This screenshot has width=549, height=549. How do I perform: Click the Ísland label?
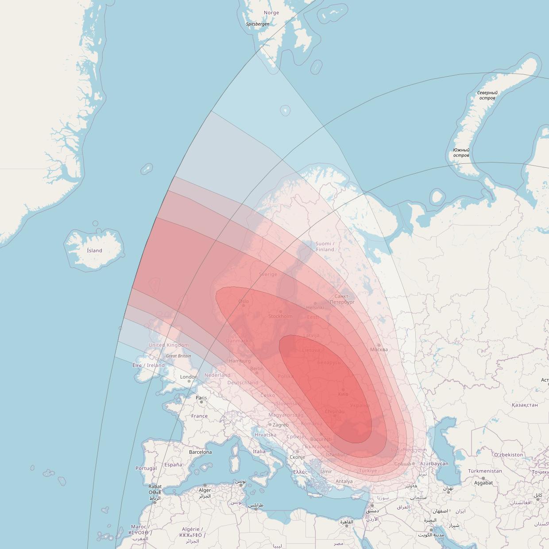[94, 251]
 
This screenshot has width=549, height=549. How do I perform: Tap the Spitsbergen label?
[258, 24]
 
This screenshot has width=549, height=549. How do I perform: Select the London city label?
[189, 377]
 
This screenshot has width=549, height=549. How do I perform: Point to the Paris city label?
[201, 398]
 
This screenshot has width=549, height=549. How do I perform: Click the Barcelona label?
[201, 452]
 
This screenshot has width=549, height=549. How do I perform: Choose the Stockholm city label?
[280, 316]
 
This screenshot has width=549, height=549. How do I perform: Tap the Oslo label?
[244, 302]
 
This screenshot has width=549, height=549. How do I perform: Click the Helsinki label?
[315, 307]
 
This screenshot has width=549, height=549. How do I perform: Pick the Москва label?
[379, 349]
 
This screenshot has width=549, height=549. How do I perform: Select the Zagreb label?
[280, 425]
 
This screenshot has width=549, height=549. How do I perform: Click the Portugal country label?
[146, 468]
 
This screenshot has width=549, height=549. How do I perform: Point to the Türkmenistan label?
[485, 471]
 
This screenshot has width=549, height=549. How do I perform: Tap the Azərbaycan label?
[434, 464]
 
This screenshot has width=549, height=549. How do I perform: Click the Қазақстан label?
[525, 405]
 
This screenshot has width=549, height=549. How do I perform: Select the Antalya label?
[344, 481]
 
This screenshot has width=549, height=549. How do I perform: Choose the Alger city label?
[205, 490]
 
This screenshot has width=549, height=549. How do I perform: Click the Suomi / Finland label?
[325, 247]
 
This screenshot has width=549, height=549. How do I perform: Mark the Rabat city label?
[155, 486]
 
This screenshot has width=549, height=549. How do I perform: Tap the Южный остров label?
[461, 153]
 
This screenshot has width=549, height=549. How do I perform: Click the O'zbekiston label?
[508, 455]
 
